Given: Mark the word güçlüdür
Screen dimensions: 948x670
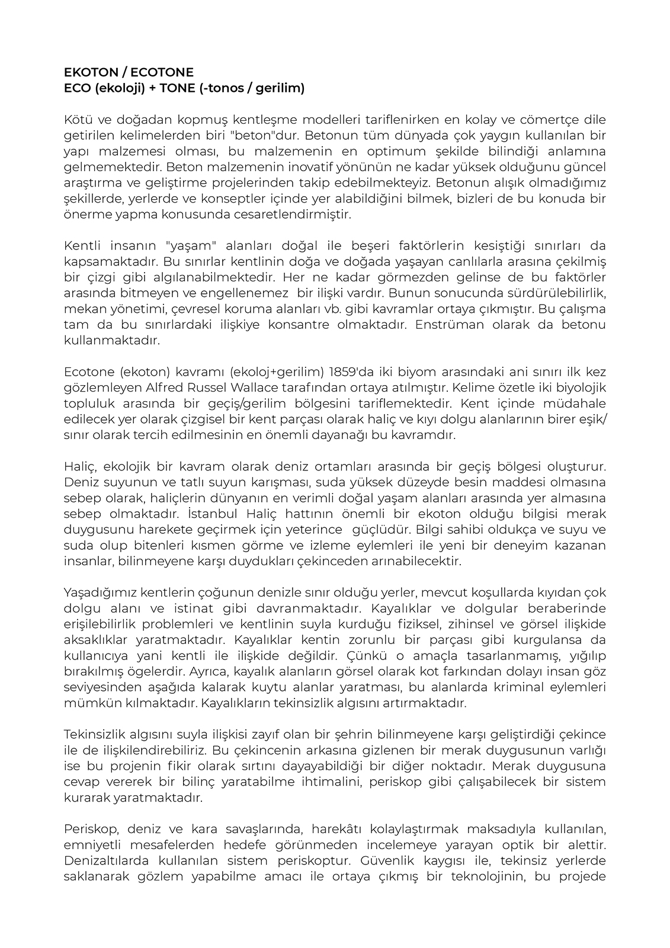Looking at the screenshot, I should tap(381, 529).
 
